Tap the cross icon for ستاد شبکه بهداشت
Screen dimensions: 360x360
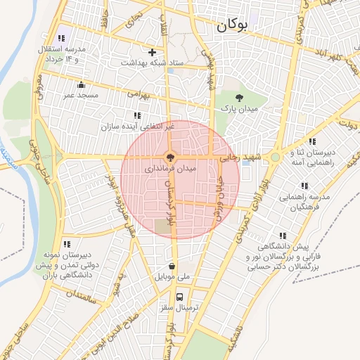tap(152, 52)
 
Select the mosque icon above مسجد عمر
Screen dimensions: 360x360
tap(82, 84)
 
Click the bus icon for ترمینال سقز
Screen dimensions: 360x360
tap(181, 297)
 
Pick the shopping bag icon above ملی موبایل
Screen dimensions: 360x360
tap(172, 266)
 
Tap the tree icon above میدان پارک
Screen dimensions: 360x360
tap(240, 98)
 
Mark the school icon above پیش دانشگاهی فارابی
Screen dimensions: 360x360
tap(283, 236)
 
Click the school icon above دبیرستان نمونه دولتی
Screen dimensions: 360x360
tap(67, 244)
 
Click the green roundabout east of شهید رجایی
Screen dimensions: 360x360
tap(275, 158)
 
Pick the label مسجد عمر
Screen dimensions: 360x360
tap(79, 94)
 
